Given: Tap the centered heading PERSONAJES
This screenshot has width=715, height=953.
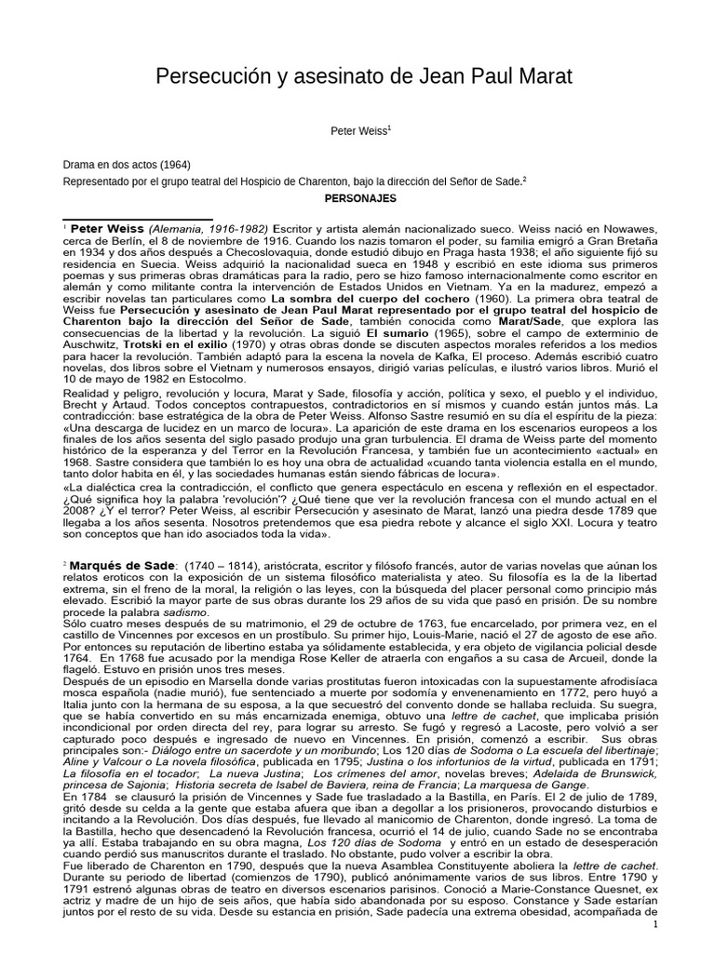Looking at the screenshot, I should (359, 199).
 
